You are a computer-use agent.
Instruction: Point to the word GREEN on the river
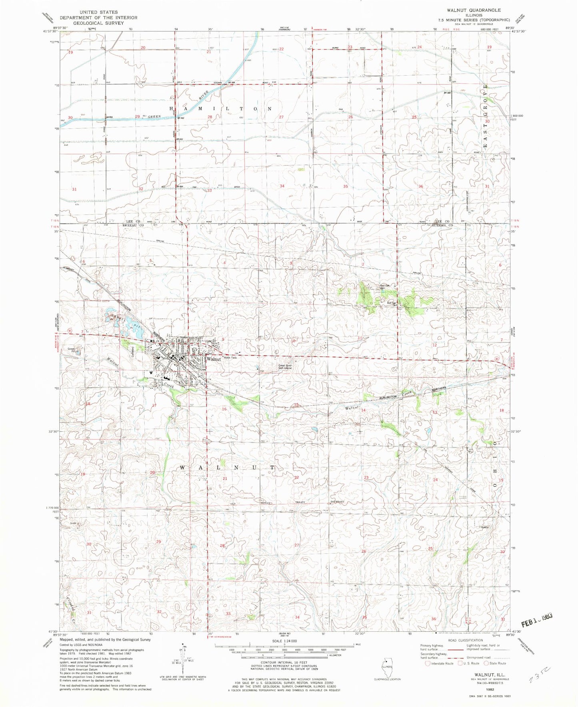coord(154,116)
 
